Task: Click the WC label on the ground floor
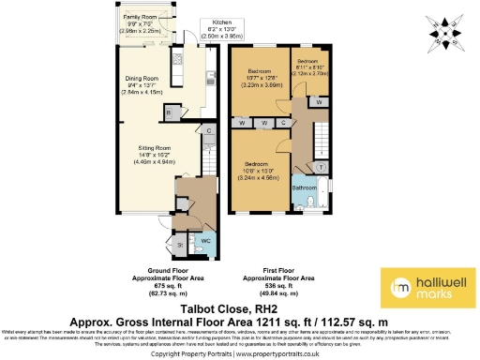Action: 207,242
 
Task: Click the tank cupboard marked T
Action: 321,167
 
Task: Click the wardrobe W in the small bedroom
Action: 321,101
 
